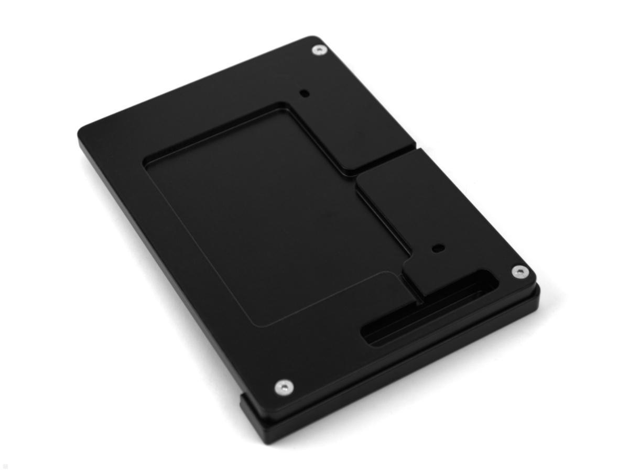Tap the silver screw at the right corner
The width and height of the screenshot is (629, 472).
pos(519,271)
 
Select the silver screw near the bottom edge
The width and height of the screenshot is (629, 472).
pos(283,388)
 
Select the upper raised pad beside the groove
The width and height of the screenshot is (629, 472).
pos(362,128)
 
